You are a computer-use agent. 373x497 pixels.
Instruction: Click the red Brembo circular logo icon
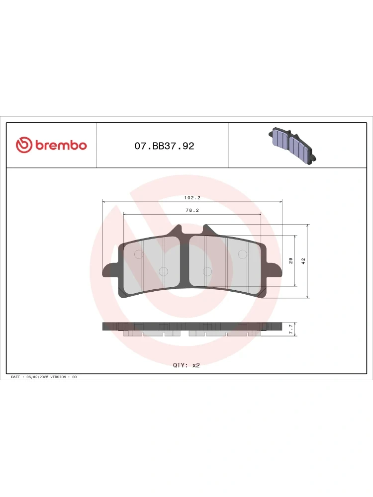24,145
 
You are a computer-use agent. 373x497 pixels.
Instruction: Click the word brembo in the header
61,145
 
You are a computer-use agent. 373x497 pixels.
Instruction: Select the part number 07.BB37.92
164,146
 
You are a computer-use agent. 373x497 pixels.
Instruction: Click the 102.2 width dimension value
192,198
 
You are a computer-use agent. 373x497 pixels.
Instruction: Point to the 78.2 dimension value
192,210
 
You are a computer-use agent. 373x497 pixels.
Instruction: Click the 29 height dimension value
290,260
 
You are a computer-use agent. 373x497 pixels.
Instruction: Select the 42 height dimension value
303,261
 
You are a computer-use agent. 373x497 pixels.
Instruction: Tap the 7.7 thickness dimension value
290,330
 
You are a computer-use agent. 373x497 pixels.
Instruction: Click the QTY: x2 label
186,365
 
